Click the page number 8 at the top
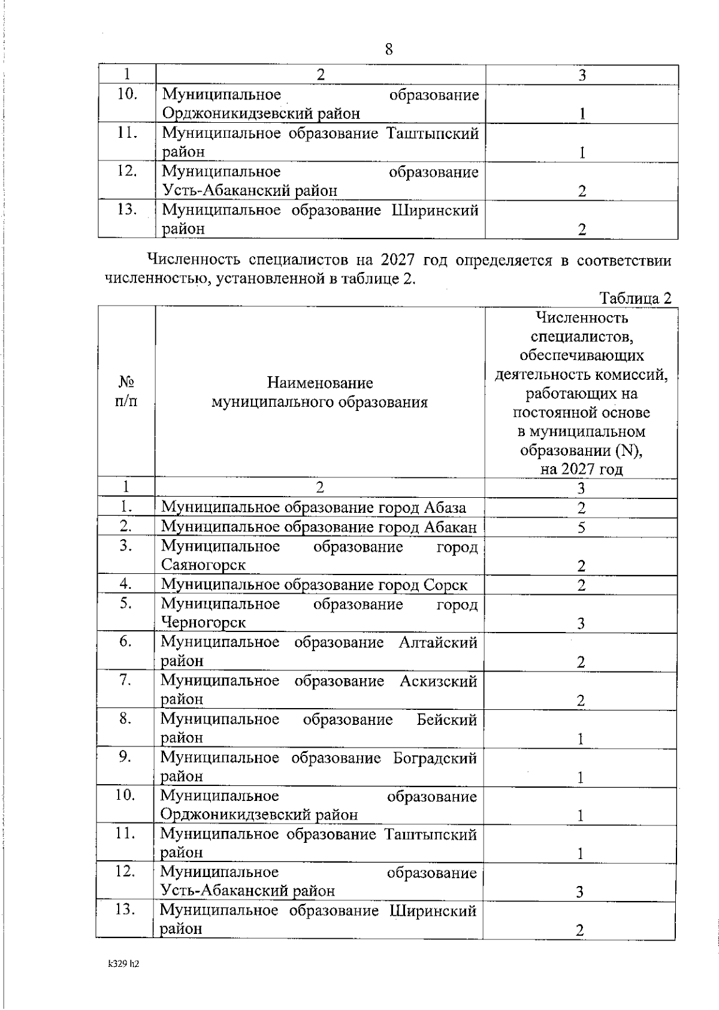click(x=389, y=49)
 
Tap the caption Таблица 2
click(x=635, y=298)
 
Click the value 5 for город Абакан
click(x=581, y=528)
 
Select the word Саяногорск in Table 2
click(x=203, y=565)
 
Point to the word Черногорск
click(x=203, y=622)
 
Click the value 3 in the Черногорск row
click(x=581, y=624)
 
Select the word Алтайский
click(x=438, y=642)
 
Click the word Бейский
click(x=446, y=719)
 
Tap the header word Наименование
click(x=320, y=382)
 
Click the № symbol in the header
click(x=126, y=382)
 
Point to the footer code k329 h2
click(x=123, y=964)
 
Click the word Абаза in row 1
click(x=445, y=507)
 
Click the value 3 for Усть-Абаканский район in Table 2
click(x=579, y=892)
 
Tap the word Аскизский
click(x=438, y=681)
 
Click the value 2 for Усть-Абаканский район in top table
click(x=582, y=191)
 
